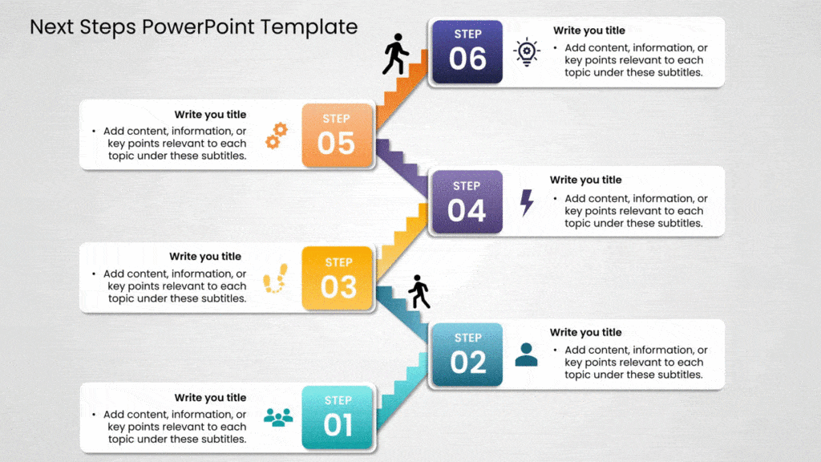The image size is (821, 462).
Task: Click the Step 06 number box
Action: click(x=467, y=51)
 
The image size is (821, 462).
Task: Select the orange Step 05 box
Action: click(x=338, y=136)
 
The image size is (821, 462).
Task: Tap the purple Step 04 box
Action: click(x=467, y=201)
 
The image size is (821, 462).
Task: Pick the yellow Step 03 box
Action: click(x=338, y=278)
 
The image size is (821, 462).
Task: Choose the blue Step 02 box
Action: click(x=467, y=354)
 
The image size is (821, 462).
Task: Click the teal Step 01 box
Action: click(x=338, y=417)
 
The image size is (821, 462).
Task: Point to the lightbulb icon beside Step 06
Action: click(x=527, y=52)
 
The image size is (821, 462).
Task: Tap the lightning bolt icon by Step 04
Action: click(x=527, y=202)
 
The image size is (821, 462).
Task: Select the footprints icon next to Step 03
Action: click(x=275, y=278)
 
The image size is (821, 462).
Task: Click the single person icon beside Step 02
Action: click(x=527, y=354)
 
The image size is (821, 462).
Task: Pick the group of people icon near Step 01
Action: click(x=278, y=417)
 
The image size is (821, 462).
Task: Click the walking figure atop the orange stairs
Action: click(x=395, y=54)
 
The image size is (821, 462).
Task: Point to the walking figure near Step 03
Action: click(x=419, y=292)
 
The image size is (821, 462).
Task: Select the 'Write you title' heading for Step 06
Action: click(x=588, y=30)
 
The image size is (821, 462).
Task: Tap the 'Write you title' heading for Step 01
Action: click(x=210, y=397)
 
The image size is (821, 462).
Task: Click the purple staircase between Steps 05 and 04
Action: click(x=403, y=167)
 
